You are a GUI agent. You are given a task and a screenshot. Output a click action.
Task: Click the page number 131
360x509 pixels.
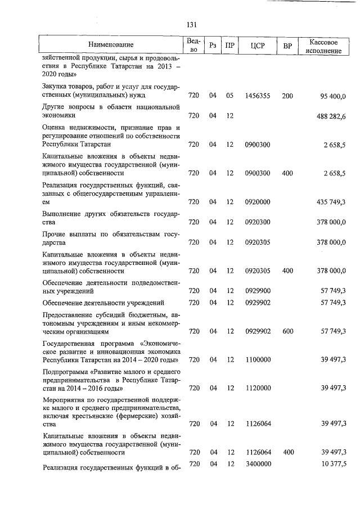[x=191, y=24]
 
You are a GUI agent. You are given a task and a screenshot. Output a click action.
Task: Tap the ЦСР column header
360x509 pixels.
[x=258, y=46]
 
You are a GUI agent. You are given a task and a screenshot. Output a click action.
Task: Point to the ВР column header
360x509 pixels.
[x=287, y=46]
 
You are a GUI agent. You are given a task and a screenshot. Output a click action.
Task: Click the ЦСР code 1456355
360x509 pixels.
[x=258, y=96]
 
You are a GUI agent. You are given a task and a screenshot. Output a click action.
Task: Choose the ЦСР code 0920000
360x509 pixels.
[x=258, y=201]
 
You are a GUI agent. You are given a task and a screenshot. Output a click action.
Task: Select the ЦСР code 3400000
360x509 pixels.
[x=258, y=463]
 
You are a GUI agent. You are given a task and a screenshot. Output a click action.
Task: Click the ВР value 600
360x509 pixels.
[x=287, y=332]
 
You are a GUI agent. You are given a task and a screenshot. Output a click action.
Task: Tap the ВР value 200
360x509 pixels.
[x=287, y=96]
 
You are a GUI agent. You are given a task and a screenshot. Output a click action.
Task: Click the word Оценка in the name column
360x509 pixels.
[x=55, y=128]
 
